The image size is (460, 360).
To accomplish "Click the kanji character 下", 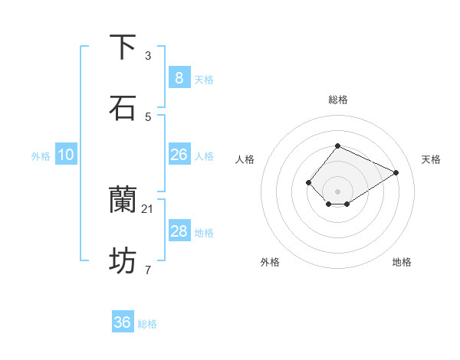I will click(x=123, y=47).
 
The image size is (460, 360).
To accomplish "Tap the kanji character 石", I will click(x=123, y=108).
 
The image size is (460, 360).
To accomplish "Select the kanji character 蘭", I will click(x=123, y=200).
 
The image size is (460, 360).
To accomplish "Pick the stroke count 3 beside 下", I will click(x=148, y=55).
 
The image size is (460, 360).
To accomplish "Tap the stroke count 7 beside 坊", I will click(x=148, y=270).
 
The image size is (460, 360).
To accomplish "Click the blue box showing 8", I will click(x=179, y=77).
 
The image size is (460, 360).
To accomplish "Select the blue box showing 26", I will click(x=179, y=155).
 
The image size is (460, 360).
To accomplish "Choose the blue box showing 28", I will click(x=179, y=231).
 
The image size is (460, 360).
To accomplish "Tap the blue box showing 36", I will click(x=123, y=322).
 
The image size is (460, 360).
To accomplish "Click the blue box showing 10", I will click(x=66, y=155).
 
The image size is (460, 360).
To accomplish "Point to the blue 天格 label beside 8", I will click(x=204, y=79).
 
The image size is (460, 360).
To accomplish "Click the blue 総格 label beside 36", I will click(x=147, y=324).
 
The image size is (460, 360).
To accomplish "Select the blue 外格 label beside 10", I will click(x=41, y=156).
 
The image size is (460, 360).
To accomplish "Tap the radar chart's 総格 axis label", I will click(x=337, y=100).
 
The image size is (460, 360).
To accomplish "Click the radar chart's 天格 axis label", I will click(x=431, y=159).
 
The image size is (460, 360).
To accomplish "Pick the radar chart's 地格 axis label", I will click(x=402, y=262).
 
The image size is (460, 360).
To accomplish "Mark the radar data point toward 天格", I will click(x=396, y=172).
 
